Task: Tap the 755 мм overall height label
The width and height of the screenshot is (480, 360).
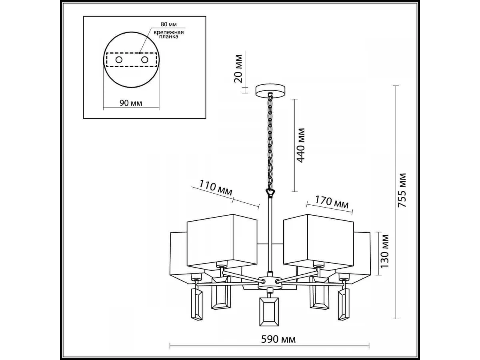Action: [402, 190]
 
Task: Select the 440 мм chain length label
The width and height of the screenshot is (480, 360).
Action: [300, 145]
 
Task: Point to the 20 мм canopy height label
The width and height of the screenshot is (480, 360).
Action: [238, 69]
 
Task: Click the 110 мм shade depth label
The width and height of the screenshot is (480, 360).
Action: [215, 188]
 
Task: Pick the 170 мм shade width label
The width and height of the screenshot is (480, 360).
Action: [332, 202]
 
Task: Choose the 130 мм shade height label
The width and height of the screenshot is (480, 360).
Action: [384, 251]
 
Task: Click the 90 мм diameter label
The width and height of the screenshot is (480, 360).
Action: [131, 103]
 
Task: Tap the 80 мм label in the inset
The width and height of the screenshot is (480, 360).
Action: [169, 24]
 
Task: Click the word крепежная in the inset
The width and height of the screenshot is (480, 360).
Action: [168, 32]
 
